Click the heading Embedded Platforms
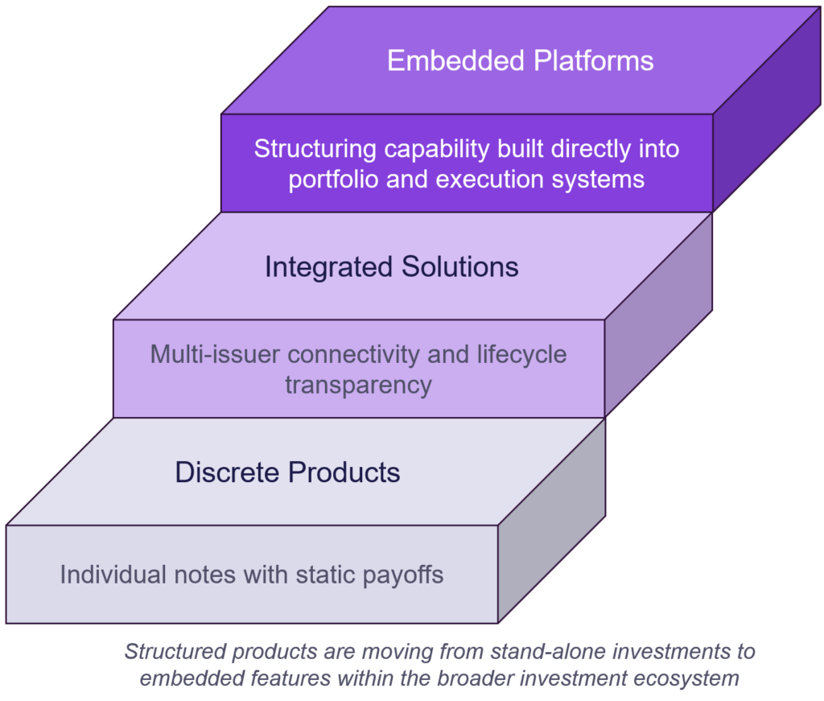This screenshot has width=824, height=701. coord(520,61)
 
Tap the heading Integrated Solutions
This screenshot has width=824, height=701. coord(391,267)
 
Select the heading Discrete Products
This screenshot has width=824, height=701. coord(287,472)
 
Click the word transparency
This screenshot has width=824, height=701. coord(358,385)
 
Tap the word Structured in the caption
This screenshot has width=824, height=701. coord(166,650)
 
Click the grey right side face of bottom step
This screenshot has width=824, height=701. coord(551,523)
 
